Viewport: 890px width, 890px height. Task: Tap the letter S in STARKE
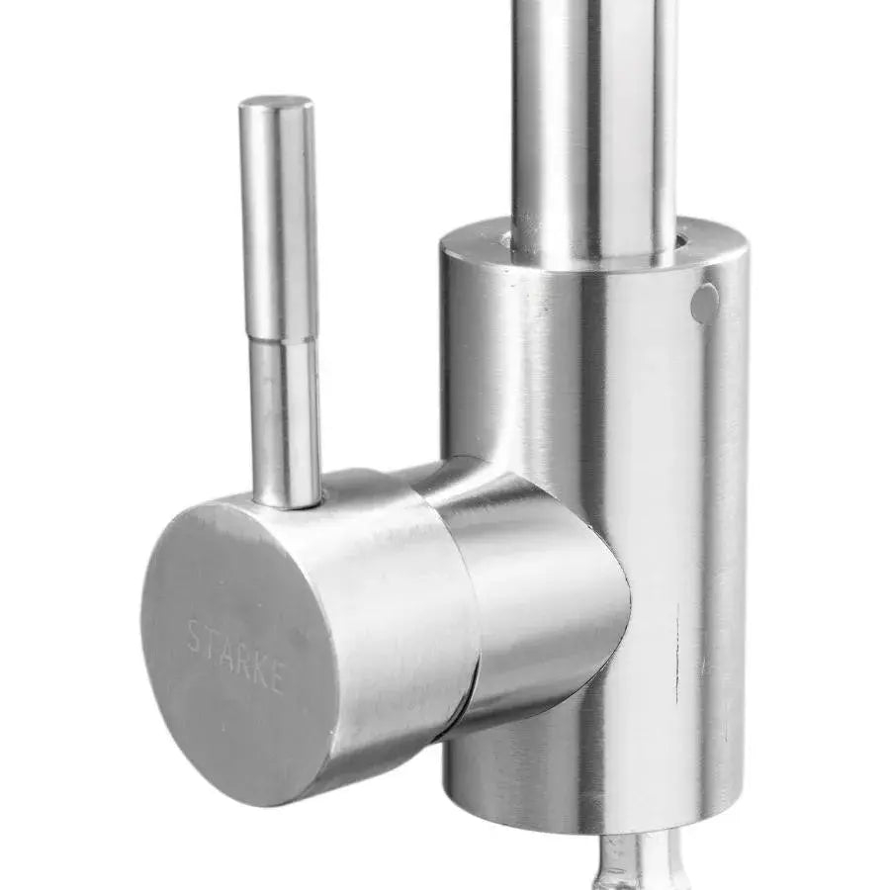[194, 635]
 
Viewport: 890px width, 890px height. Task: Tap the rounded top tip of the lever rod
[276, 103]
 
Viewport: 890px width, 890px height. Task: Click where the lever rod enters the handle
[288, 499]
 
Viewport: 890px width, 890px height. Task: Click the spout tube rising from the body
[591, 119]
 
